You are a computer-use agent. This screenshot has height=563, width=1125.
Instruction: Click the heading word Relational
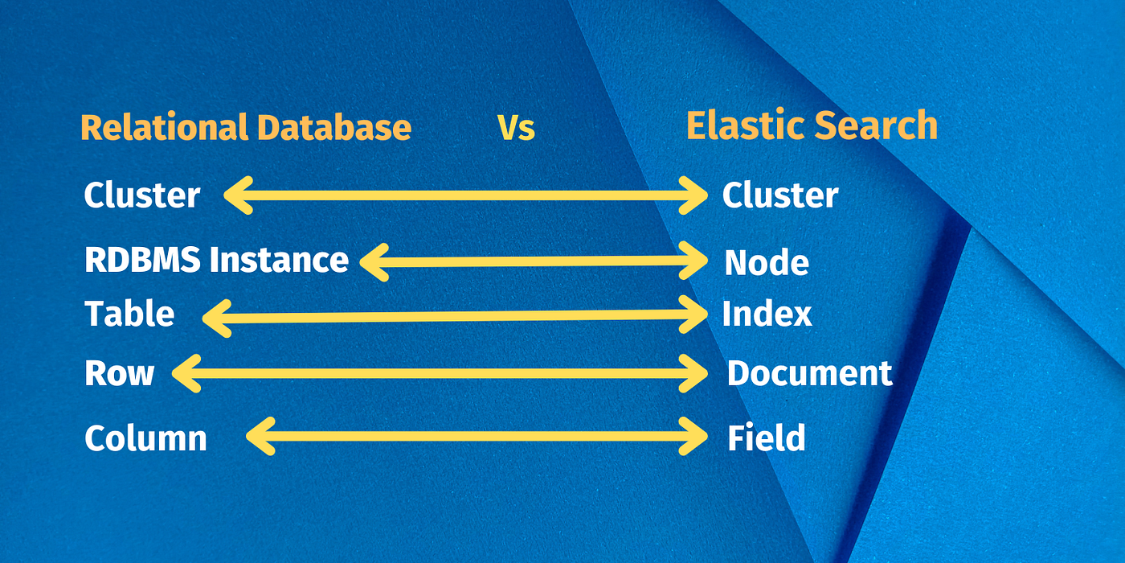click(164, 128)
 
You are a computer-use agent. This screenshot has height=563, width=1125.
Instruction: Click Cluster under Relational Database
click(142, 195)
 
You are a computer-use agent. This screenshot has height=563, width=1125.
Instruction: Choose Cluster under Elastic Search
click(780, 195)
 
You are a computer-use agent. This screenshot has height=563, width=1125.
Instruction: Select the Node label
click(767, 263)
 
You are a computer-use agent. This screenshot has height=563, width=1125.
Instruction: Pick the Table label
click(129, 314)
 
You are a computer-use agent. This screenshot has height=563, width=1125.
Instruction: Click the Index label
click(767, 314)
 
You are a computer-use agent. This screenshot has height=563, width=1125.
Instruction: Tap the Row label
click(119, 374)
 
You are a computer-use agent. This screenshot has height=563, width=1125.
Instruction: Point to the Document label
click(809, 374)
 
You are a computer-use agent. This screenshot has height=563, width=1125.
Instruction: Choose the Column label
click(145, 438)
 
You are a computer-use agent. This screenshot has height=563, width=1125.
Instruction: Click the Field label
click(766, 438)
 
